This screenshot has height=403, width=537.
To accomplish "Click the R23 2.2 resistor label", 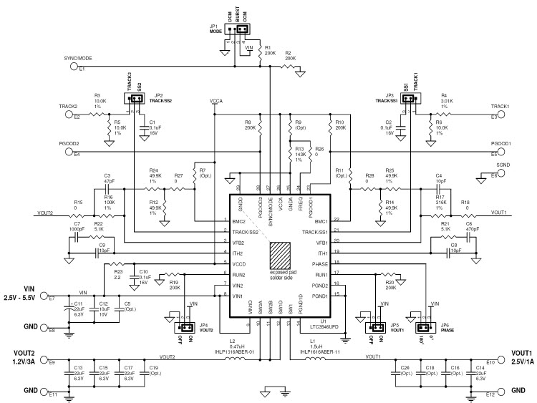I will coord(118,272).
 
